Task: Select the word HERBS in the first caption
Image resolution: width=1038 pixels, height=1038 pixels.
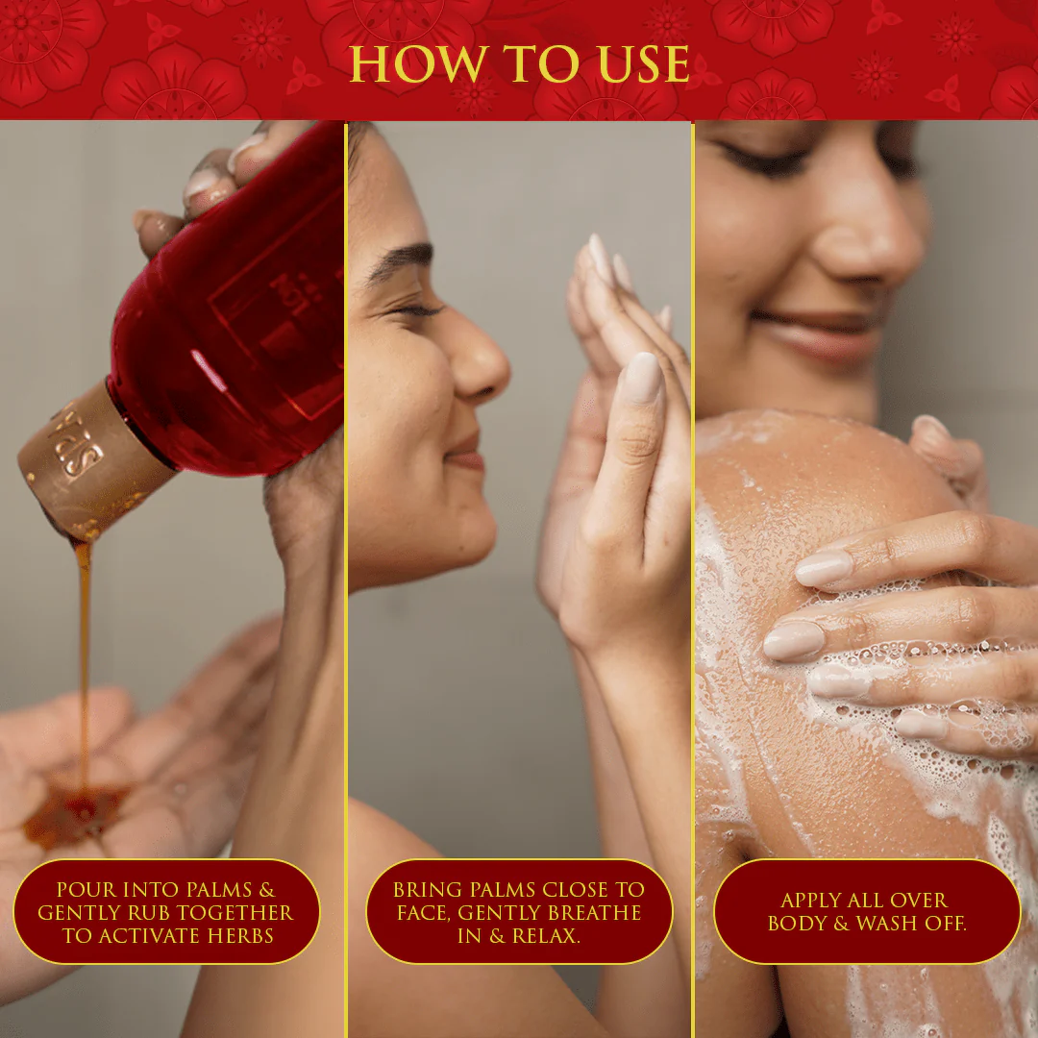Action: (240, 935)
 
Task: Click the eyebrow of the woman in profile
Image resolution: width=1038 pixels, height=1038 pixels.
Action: (399, 259)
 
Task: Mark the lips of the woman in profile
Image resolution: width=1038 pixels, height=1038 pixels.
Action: (466, 451)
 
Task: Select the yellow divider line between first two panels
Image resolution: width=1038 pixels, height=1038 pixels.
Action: (346, 580)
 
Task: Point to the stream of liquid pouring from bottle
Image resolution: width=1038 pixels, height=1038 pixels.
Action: (84, 662)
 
